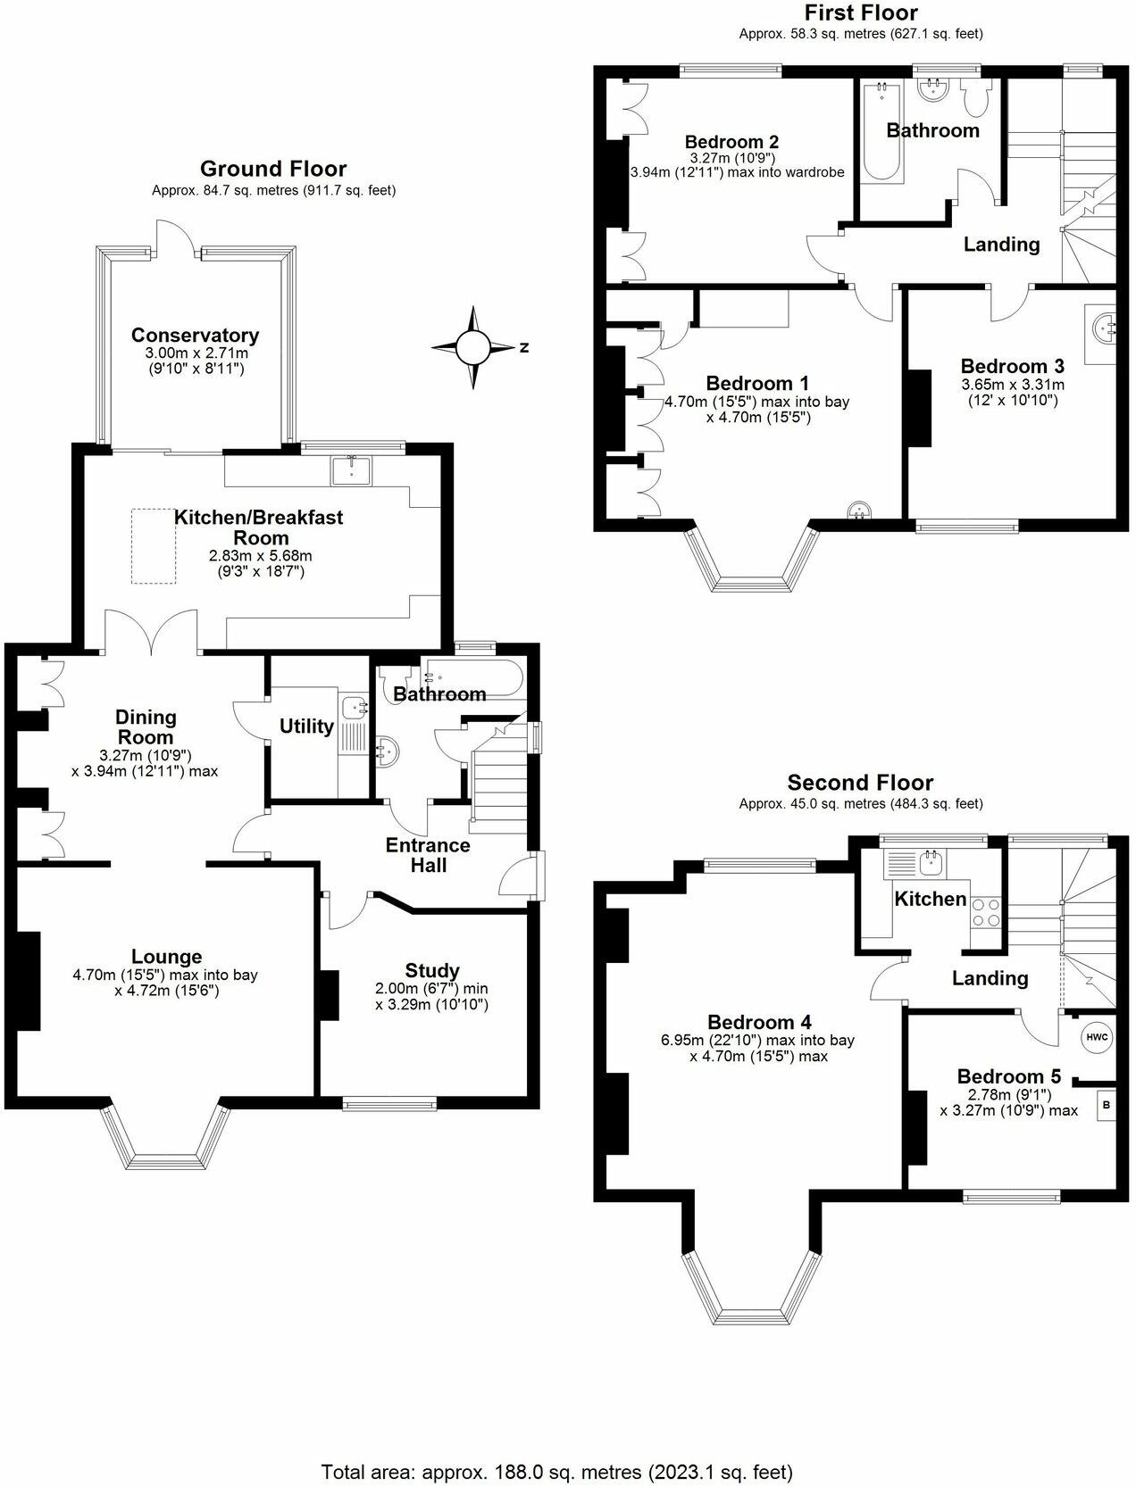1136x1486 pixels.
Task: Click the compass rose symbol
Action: coord(475,347)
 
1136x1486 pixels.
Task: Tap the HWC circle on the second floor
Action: coord(1097,1037)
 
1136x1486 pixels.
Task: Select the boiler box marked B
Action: coord(1107,1105)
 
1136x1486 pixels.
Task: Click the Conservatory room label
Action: coord(195,336)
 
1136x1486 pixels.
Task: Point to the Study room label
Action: coord(432,970)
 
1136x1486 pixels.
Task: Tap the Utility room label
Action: coord(306,726)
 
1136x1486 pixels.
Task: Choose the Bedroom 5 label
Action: coord(1009,1076)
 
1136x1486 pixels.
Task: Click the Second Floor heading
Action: coord(860,783)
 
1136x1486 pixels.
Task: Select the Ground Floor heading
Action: coord(273,169)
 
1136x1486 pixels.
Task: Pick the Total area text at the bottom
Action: coord(556,1471)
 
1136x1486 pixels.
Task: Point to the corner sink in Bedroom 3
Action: coord(1104,328)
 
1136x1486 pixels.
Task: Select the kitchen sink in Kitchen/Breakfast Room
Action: coord(352,469)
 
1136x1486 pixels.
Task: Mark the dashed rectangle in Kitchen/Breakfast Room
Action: coord(158,546)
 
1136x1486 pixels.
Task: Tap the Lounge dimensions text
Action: coord(165,983)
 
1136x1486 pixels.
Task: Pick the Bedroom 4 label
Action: coord(759,1022)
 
